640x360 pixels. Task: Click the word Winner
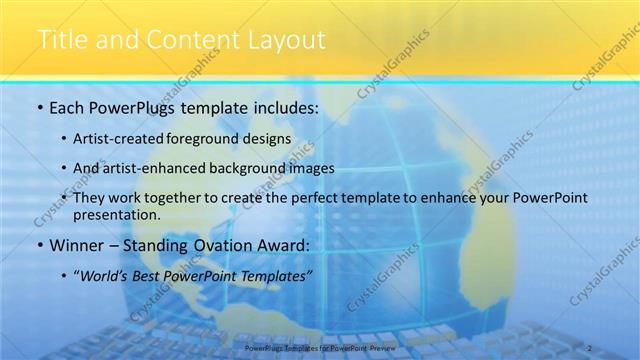76,244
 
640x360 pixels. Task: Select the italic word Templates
278,275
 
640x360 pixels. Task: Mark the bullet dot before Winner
38,245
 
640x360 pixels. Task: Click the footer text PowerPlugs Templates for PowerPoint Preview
320,347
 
